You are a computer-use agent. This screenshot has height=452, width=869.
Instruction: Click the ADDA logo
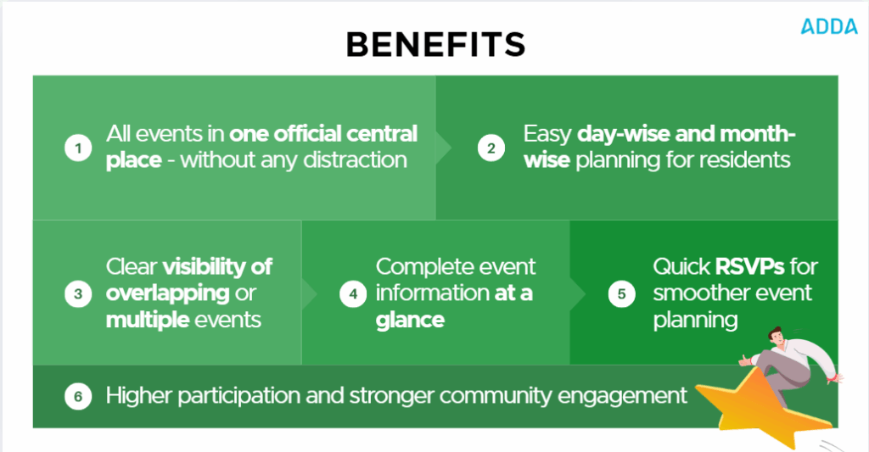(829, 26)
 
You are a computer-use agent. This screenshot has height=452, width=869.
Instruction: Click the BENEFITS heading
(435, 44)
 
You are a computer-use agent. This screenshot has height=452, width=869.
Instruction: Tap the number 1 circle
(78, 148)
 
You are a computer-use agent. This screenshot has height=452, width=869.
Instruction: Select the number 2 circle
(490, 148)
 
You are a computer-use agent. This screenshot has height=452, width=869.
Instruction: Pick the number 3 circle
(78, 293)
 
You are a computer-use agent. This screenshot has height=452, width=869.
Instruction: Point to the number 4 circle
(350, 293)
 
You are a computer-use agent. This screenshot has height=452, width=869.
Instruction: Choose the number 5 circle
(621, 293)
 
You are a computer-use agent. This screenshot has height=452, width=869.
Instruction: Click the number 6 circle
(78, 396)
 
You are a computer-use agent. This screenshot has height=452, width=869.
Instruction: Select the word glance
(410, 320)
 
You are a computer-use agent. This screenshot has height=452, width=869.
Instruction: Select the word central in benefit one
(382, 134)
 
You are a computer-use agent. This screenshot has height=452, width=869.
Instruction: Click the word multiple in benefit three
(143, 320)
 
